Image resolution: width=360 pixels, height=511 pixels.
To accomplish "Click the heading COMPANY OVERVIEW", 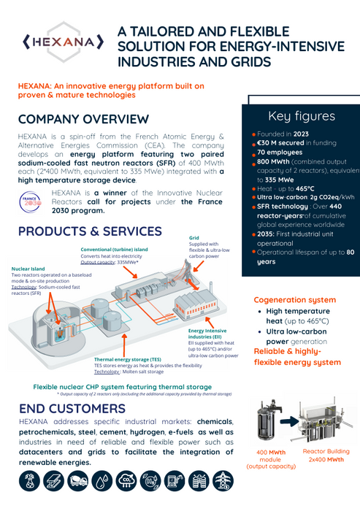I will click(83, 119).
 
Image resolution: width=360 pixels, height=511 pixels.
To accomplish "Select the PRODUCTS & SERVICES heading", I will click(90, 231).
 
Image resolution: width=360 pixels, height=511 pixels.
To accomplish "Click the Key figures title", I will click(301, 116).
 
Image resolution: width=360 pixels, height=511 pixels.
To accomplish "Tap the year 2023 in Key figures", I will click(301, 134).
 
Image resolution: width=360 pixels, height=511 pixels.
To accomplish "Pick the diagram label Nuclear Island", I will click(31, 269).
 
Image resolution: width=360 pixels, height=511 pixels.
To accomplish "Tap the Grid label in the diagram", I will click(194, 238).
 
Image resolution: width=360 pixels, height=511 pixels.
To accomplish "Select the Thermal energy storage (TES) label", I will click(127, 359).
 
